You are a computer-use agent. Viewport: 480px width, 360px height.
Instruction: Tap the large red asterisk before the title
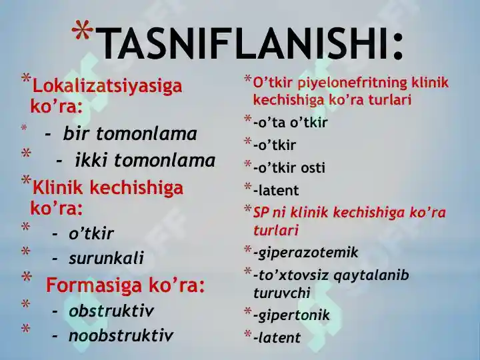coord(82,30)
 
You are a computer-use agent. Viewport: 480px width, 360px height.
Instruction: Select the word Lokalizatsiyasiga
coord(107,86)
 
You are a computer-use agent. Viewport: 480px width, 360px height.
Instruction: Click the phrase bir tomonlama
coord(130,134)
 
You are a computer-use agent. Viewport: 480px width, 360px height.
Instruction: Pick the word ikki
coord(90,160)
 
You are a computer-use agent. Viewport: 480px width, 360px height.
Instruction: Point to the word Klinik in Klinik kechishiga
coord(57,187)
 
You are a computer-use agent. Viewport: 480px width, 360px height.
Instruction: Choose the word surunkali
coord(106,258)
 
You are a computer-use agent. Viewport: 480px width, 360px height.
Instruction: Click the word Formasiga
coord(94,285)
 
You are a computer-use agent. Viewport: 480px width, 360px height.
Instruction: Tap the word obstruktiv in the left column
coord(111,311)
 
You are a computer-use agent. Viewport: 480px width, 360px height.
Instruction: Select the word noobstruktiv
coord(121,335)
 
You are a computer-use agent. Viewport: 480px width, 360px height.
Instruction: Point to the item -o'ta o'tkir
coord(291,123)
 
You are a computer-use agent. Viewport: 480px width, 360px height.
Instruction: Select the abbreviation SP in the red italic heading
coord(261,212)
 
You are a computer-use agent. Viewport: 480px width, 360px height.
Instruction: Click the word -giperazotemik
coord(306,253)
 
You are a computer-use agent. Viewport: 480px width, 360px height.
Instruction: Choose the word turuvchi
coord(282,293)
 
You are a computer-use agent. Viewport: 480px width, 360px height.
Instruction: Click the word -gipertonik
coord(292,315)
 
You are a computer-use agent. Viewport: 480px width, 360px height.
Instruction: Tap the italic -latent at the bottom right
coord(277,337)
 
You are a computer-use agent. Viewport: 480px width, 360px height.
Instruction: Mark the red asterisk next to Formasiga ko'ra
coord(27,277)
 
